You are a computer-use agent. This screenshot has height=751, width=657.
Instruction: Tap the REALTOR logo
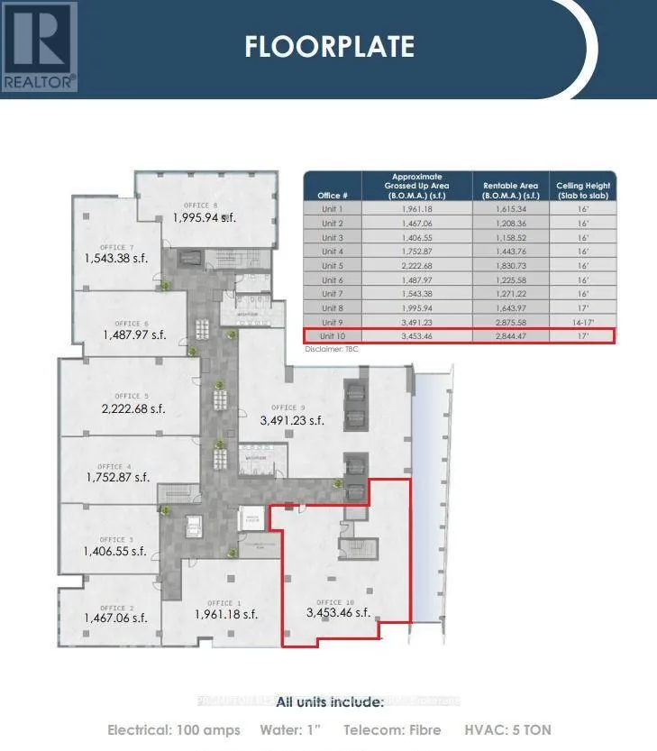tap(40, 45)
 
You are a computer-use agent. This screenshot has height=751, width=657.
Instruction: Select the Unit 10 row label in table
tap(332, 336)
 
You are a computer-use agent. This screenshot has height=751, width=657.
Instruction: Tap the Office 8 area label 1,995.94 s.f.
tap(205, 217)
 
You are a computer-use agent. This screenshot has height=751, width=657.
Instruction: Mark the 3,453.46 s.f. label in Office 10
tap(338, 613)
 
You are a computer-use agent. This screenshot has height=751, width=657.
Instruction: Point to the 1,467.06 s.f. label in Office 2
tap(115, 618)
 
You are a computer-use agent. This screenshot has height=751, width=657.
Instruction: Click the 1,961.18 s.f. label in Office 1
tap(226, 615)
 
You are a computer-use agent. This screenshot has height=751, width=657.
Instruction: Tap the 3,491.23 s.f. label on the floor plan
tap(292, 420)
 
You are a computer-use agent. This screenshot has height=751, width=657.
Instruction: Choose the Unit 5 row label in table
tap(332, 265)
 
